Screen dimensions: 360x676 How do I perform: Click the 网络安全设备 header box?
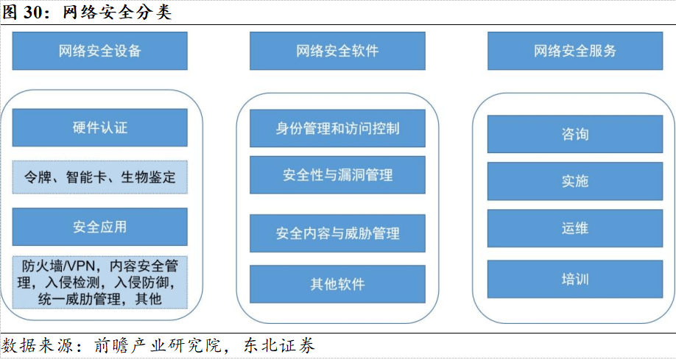[100, 51]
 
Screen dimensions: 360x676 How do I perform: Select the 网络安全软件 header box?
[337, 51]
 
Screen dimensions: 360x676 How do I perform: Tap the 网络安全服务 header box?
[574, 51]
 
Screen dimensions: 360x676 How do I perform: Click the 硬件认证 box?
[100, 127]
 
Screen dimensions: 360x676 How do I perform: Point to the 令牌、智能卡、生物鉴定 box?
[100, 177]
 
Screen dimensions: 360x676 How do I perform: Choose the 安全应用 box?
[100, 227]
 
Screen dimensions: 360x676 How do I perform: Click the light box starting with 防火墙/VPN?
[100, 282]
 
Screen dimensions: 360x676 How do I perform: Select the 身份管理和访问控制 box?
[337, 128]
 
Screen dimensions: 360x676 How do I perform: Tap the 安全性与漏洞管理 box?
[337, 175]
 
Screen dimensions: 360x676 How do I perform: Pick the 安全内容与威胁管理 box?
[337, 233]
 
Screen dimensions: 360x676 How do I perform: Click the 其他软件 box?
[337, 284]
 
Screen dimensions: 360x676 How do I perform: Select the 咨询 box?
[574, 135]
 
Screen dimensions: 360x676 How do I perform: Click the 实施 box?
[574, 181]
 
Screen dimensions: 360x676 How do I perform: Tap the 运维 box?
[574, 228]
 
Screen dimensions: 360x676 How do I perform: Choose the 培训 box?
[574, 280]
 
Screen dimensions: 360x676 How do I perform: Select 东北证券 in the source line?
[278, 345]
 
